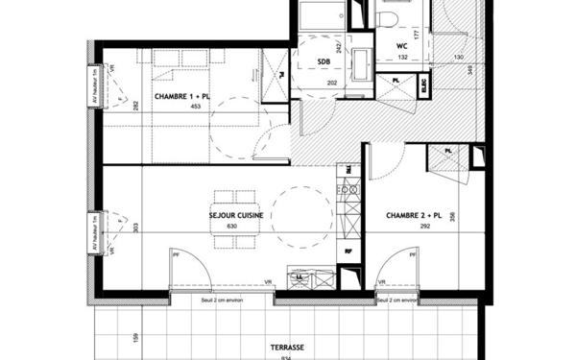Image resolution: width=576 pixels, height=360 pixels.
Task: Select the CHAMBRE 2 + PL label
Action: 413,216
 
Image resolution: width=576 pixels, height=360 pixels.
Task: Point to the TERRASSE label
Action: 287,347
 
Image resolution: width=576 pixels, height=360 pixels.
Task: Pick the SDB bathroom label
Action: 324,61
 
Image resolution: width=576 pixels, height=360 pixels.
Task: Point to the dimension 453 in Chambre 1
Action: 196,107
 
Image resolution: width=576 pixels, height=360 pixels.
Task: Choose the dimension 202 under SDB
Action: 332,83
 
